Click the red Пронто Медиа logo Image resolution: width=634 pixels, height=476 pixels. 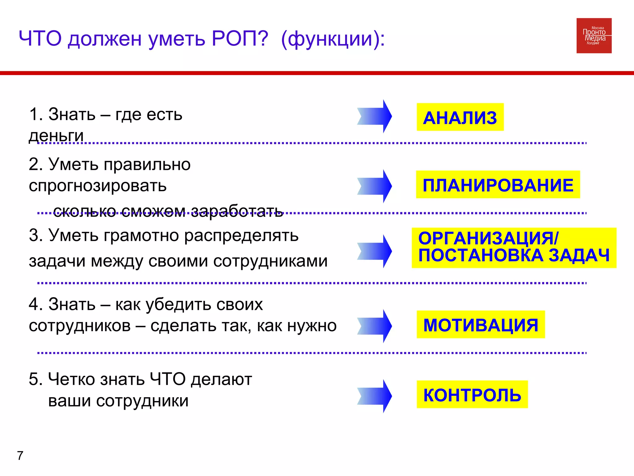pyautogui.click(x=594, y=36)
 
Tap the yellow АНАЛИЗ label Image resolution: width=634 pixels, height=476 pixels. pyautogui.click(x=460, y=117)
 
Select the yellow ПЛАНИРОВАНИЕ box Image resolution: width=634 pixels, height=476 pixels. pyautogui.click(x=498, y=185)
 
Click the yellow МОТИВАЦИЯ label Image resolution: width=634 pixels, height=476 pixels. pyautogui.click(x=480, y=324)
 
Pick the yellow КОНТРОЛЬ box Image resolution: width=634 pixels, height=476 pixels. pyautogui.click(x=472, y=394)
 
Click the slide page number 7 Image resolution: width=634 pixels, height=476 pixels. pyautogui.click(x=20, y=456)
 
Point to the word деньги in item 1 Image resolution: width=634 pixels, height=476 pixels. pyautogui.click(x=56, y=136)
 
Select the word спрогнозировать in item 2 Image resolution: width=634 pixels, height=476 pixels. pyautogui.click(x=98, y=186)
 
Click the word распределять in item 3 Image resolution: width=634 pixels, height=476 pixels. pyautogui.click(x=241, y=236)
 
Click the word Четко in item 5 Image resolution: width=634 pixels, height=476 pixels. pyautogui.click(x=72, y=379)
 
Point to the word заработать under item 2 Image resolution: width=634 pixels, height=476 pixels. pyautogui.click(x=237, y=212)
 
